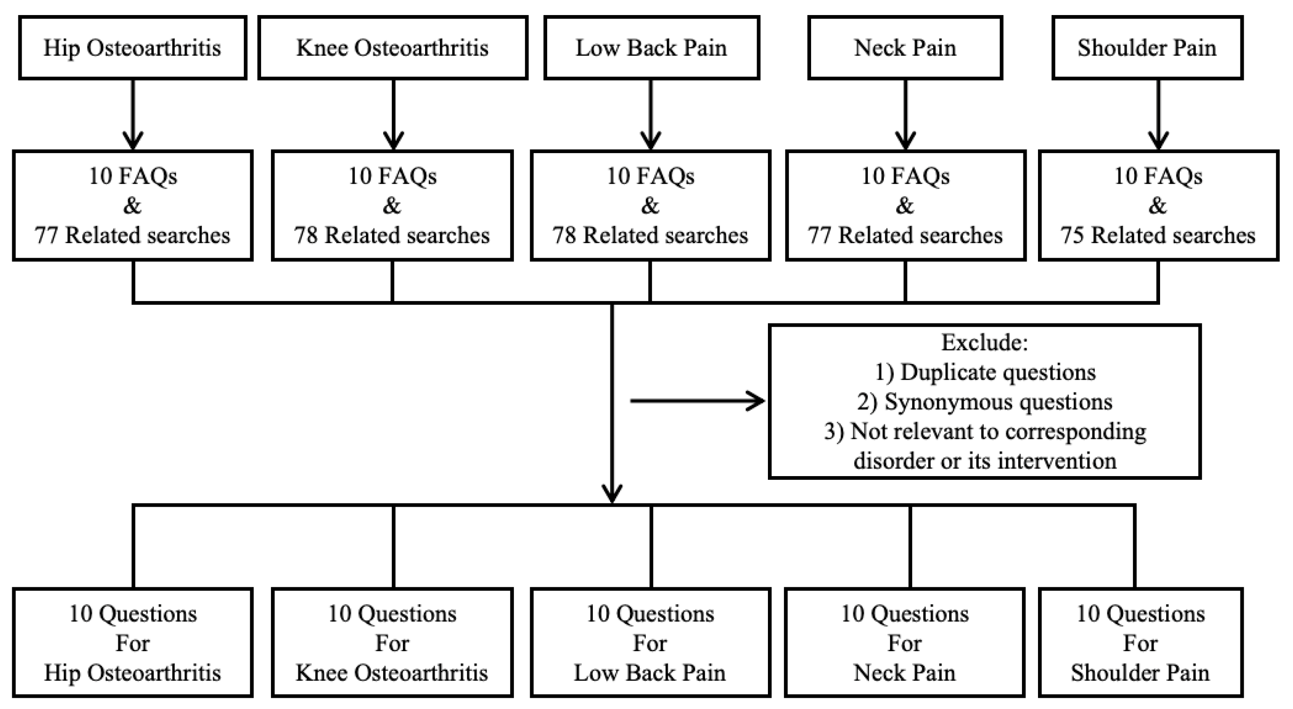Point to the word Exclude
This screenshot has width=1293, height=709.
click(x=984, y=343)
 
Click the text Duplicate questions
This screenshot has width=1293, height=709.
click(x=998, y=372)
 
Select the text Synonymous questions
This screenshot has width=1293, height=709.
click(x=999, y=402)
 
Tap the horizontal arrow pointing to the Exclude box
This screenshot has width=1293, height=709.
click(x=698, y=401)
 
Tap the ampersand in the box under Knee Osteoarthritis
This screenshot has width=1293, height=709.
click(x=392, y=206)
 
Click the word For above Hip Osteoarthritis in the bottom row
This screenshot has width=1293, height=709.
click(x=132, y=643)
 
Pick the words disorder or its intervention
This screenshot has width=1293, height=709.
click(x=985, y=461)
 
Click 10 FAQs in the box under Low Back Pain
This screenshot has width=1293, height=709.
click(x=650, y=176)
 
